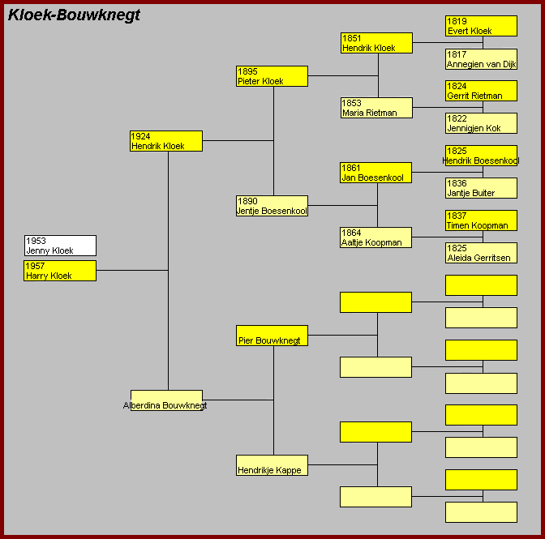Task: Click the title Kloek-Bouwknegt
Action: (x=74, y=15)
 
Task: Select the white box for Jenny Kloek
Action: (x=60, y=246)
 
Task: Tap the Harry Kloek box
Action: (x=60, y=271)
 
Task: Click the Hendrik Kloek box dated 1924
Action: (x=166, y=141)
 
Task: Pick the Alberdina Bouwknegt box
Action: (x=166, y=400)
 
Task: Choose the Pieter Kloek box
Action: (x=272, y=76)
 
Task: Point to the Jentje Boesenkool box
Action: (x=272, y=206)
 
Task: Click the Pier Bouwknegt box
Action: (x=272, y=336)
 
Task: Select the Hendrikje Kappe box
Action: (x=272, y=465)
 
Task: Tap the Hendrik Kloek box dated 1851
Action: (x=376, y=43)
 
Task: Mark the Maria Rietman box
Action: (x=376, y=108)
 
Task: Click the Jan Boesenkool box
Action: (x=376, y=173)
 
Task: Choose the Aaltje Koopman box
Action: (x=376, y=237)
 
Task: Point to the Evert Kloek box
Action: (x=481, y=26)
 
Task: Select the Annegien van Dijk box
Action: (x=481, y=59)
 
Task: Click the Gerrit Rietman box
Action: (x=481, y=91)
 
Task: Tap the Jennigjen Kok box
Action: (x=481, y=123)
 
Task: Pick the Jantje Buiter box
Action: (x=481, y=188)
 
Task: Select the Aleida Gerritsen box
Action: (x=481, y=253)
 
